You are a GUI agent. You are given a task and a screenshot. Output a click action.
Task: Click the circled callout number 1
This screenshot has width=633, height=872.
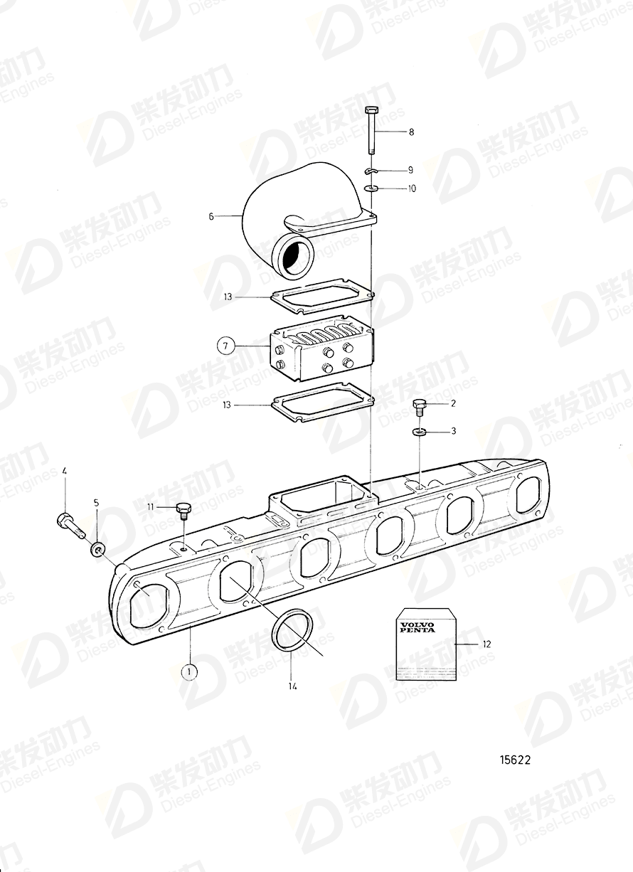[x=189, y=670]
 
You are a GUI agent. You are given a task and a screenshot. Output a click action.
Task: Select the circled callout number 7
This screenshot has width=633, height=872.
[x=225, y=346]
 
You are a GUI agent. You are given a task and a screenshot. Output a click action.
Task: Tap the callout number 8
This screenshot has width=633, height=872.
[x=410, y=132]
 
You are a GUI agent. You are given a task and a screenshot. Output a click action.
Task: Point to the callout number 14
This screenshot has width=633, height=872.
[x=292, y=686]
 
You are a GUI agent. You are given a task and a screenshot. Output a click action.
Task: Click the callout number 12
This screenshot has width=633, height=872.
[x=486, y=644]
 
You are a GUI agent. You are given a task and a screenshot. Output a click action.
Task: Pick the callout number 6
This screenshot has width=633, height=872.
[x=211, y=216]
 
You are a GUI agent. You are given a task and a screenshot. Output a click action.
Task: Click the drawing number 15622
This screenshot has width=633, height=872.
[x=514, y=760]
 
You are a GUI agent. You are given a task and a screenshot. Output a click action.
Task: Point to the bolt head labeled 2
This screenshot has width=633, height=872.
[x=420, y=408]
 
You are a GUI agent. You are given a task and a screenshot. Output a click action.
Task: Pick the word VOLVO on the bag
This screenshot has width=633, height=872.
[x=415, y=624]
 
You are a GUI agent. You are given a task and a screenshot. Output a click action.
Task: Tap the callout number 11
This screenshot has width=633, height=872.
[x=150, y=506]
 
